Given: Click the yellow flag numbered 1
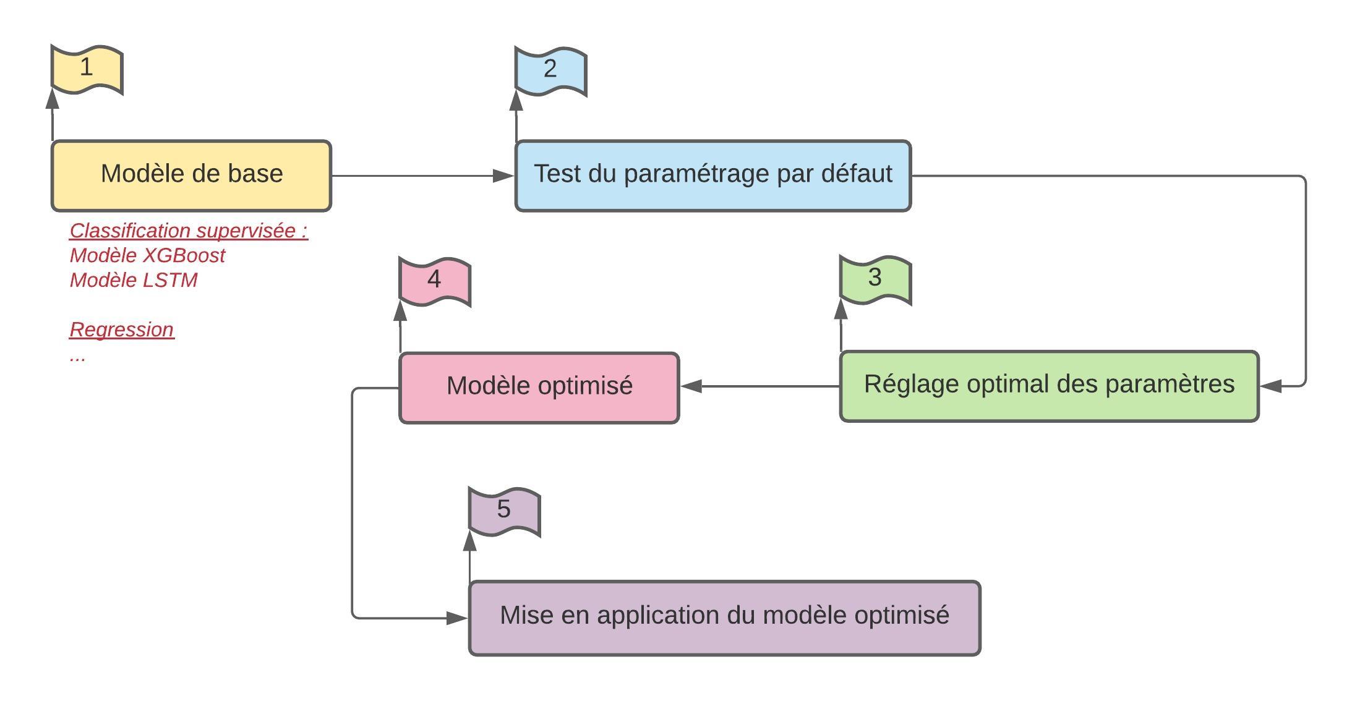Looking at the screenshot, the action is point(87,69).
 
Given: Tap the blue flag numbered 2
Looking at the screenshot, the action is point(550,71).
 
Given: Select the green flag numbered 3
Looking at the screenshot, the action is point(875,279).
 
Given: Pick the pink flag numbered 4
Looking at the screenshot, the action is point(435,281).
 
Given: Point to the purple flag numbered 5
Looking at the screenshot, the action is point(505,511).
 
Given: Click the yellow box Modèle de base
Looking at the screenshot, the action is point(191,176).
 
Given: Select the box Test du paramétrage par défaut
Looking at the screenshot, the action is point(713,176).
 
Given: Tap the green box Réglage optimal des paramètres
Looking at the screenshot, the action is point(1049,386).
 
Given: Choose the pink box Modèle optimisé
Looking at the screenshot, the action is point(539,388).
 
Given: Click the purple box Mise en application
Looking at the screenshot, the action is point(725,618).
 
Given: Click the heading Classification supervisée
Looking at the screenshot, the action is point(189,231).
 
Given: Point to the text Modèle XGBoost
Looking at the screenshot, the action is point(147,255).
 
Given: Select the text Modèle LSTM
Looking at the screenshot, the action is point(134,280).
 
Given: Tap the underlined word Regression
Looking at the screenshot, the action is point(122,329).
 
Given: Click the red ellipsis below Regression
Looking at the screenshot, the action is point(77,359).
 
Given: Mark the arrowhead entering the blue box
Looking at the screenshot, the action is point(503,176).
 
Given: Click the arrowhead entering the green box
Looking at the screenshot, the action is point(1270,386).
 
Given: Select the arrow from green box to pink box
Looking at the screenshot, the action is point(759,386).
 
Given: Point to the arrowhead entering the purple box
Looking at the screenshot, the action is point(457,618).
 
